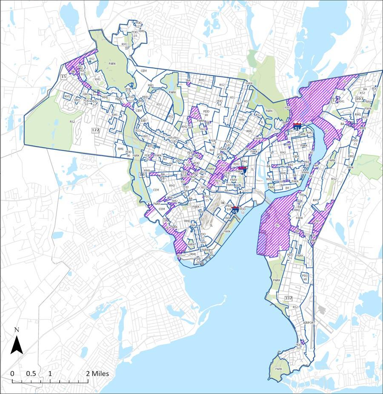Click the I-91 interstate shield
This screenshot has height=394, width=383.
[297, 126]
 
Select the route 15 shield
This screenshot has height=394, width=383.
[64, 77]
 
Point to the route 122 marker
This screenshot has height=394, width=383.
[95, 130]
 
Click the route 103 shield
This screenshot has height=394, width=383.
[360, 99]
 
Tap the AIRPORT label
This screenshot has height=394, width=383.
[309, 323]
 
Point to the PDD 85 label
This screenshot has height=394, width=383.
[83, 72]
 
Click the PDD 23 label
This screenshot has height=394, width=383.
[354, 143]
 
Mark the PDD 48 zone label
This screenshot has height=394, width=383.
[305, 277]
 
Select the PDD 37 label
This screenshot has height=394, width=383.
[374, 90]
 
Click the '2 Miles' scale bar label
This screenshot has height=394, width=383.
[98, 374]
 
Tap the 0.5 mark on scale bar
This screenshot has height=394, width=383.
[31, 374]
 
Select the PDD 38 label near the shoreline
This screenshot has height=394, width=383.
[198, 261]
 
